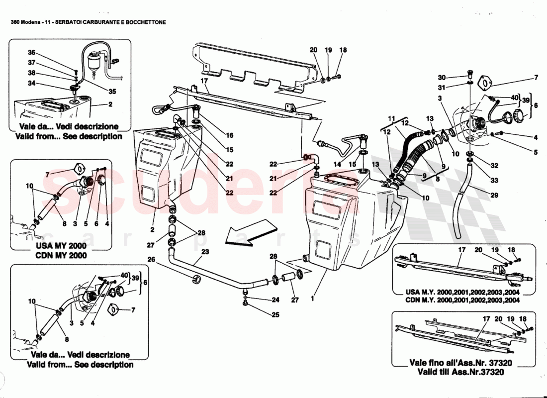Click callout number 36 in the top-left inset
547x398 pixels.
[x=31, y=53]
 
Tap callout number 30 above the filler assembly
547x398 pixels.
[x=442, y=77]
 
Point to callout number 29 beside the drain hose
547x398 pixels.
[x=494, y=196]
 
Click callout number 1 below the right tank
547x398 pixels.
[x=312, y=299]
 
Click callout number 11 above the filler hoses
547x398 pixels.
[x=392, y=118]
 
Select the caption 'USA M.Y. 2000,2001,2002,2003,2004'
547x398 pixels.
[x=456, y=292]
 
